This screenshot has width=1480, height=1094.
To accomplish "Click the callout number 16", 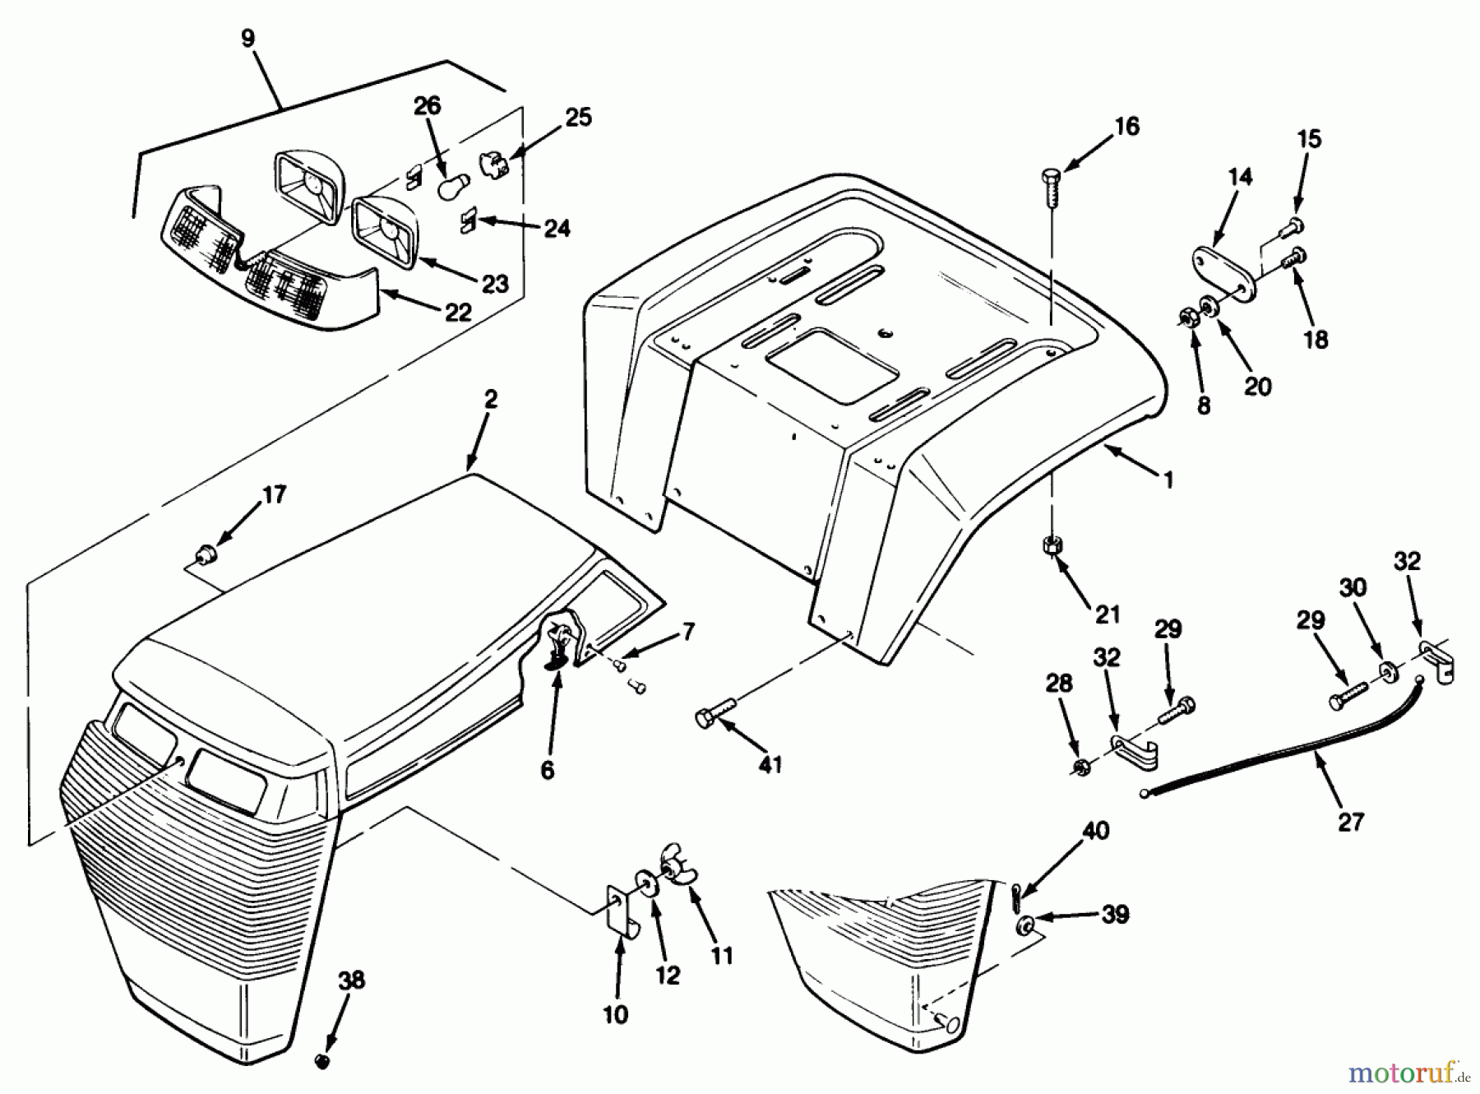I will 1127,126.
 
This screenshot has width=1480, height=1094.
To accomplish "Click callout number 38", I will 352,980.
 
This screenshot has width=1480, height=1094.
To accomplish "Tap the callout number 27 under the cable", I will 1351,821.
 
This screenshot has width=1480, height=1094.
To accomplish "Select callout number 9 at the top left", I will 248,38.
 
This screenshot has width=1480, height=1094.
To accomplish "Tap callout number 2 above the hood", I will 490,401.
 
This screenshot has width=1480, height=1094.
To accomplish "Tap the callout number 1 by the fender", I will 1168,480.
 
